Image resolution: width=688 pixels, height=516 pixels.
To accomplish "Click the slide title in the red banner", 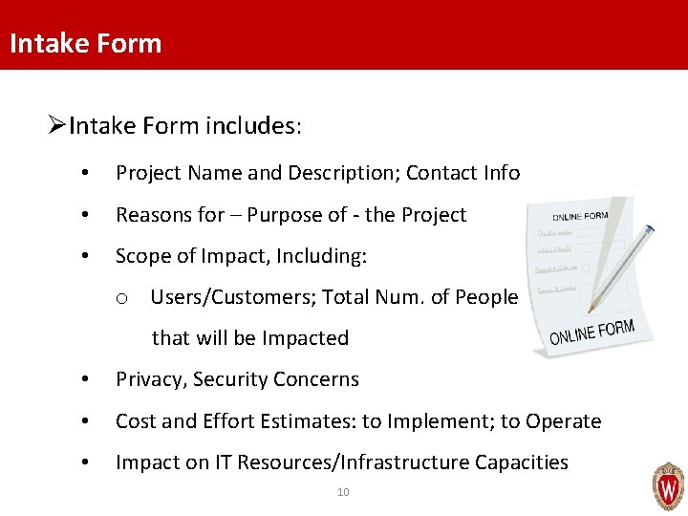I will point(85,43).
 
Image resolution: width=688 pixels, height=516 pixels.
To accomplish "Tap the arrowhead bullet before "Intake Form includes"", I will point(57,125).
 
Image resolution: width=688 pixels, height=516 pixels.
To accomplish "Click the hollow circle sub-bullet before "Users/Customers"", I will point(122,299).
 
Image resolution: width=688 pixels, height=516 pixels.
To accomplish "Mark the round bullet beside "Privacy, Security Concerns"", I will point(86,380).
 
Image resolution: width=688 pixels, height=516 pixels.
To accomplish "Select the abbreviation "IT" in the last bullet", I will point(222,462).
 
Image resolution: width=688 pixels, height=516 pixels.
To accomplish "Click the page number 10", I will point(343,492).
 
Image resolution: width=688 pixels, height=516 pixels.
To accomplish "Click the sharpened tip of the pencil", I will point(592,310).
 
